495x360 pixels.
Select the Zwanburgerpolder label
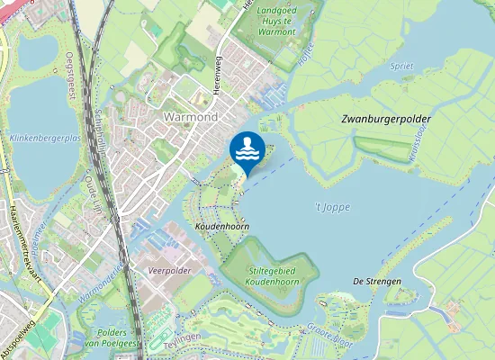point(386,119)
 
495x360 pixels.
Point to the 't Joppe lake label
point(333,207)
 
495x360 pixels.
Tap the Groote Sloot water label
point(329,335)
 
